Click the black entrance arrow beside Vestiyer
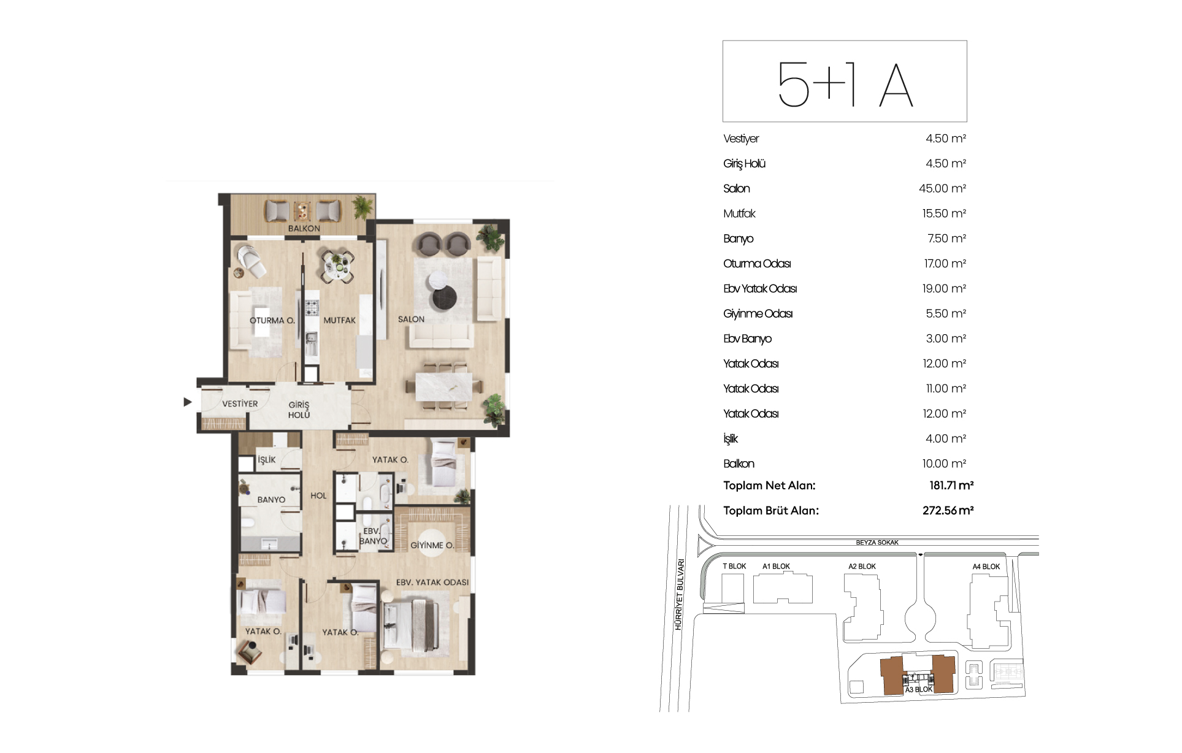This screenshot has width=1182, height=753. (x=188, y=402)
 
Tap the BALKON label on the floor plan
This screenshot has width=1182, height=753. (x=304, y=228)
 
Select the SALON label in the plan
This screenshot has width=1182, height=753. (x=411, y=319)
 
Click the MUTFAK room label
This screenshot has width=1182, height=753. (x=340, y=320)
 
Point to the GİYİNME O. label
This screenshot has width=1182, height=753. (x=432, y=545)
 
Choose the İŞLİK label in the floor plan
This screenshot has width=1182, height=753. (x=267, y=459)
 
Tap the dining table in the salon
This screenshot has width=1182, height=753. (x=444, y=387)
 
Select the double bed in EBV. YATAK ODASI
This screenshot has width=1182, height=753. (x=409, y=625)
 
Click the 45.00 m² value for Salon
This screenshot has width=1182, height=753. (x=942, y=188)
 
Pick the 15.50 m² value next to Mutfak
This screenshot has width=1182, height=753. (x=944, y=213)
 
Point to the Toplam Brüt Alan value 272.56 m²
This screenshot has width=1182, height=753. (x=948, y=510)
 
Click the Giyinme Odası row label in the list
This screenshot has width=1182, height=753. (x=758, y=314)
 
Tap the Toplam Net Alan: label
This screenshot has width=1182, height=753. (x=769, y=486)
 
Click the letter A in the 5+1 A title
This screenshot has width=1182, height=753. (x=896, y=86)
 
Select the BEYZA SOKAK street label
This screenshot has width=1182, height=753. (x=877, y=543)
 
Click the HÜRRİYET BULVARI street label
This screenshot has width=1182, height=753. (x=679, y=594)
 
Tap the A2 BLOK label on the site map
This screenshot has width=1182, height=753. (x=862, y=567)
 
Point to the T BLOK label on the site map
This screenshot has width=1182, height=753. (x=734, y=567)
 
